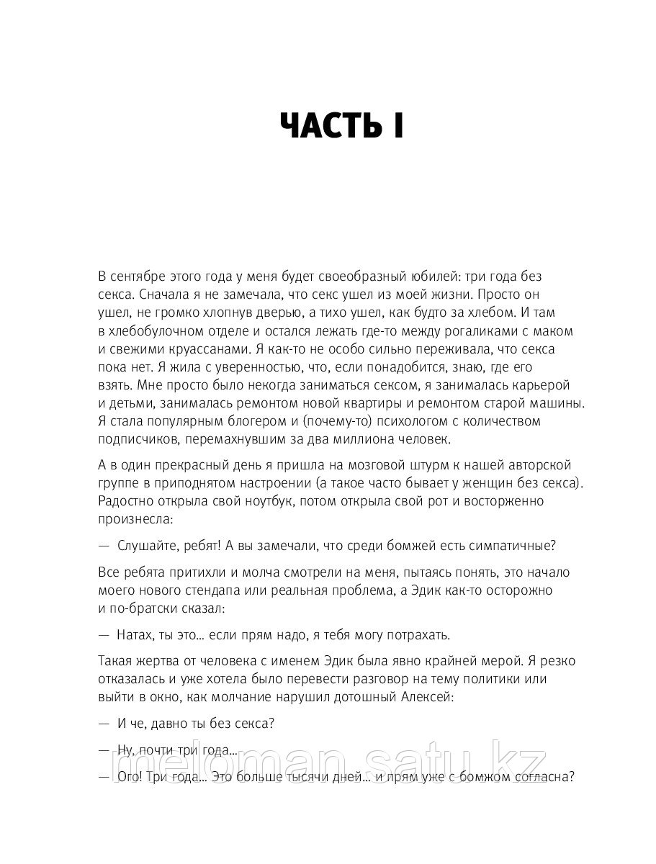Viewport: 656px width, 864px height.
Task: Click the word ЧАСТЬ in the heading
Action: tap(325, 127)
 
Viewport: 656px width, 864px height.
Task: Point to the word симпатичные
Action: tap(508, 545)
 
